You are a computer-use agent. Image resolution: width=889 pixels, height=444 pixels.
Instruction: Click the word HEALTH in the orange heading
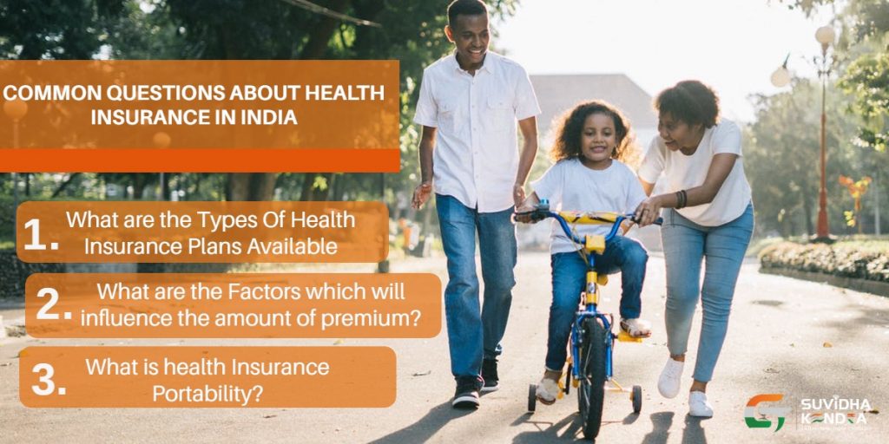click(345, 92)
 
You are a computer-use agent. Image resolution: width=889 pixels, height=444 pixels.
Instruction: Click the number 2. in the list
click(53, 305)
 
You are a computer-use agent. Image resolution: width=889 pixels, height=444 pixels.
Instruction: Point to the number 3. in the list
click(48, 379)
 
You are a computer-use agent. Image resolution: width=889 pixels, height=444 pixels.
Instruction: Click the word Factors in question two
click(255, 291)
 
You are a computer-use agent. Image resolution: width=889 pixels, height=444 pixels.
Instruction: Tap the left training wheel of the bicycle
click(531, 397)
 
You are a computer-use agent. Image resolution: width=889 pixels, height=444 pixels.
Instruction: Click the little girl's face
click(600, 136)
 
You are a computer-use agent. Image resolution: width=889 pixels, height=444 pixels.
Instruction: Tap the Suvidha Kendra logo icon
click(767, 411)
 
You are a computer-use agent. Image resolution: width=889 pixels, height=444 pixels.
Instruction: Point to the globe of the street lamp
click(824, 36)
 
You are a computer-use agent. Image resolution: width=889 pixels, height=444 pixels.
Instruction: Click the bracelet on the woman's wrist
click(682, 199)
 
